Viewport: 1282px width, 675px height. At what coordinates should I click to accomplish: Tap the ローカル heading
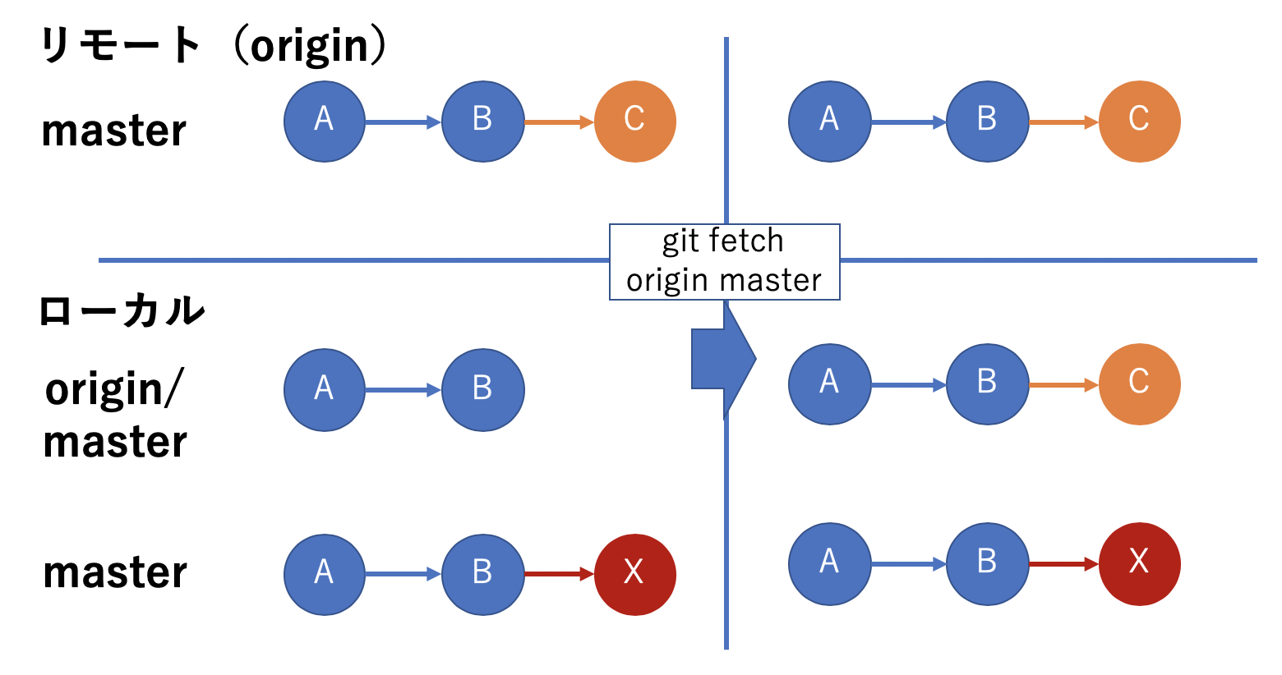point(122,311)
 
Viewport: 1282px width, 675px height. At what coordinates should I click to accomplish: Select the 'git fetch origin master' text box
point(724,261)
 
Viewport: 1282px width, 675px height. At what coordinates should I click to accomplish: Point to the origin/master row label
point(115,415)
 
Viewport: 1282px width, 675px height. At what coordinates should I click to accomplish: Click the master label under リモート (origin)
point(114,131)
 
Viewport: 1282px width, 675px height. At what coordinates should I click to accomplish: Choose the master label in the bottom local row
point(115,572)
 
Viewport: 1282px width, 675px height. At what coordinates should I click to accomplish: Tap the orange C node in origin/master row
point(1139,383)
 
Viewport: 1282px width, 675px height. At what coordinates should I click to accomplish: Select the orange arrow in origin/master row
point(1063,384)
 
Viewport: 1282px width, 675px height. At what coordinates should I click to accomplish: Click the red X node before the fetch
point(634,574)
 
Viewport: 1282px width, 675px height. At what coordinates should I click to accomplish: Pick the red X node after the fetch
point(1139,564)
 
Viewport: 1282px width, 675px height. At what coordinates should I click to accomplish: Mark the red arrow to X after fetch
point(1063,564)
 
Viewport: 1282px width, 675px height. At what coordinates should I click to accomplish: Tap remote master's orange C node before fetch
point(634,122)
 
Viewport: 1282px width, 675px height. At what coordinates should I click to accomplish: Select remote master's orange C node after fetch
point(1139,122)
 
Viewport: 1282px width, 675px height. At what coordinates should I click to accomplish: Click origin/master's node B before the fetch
point(482,390)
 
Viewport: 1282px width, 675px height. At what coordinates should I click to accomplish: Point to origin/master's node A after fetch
point(829,383)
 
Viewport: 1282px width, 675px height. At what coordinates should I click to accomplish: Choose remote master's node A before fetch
point(325,122)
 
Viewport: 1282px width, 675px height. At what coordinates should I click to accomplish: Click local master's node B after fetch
point(987,564)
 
